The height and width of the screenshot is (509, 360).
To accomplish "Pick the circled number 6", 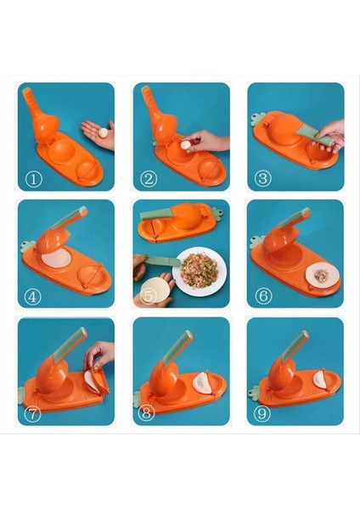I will [262, 297].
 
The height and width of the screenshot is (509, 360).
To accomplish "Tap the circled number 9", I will [262, 415].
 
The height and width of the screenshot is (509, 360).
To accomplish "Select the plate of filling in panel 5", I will [200, 270].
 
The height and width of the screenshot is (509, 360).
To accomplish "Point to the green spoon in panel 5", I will [161, 260].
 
